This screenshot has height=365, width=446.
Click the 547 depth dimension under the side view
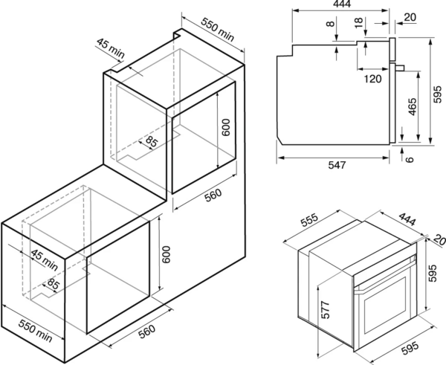coord(337,165)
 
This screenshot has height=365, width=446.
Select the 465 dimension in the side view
coord(412,107)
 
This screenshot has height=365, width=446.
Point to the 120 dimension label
coord(372,79)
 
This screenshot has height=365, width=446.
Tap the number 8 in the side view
coord(330,23)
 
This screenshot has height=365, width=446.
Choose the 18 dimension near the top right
coord(359,22)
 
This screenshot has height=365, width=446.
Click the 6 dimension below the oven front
coord(410,159)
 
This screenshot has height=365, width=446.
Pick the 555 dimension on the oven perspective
coord(309,220)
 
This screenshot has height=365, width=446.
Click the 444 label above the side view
coord(342,4)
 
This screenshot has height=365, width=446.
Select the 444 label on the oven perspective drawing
coord(407,219)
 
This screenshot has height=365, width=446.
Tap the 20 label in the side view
coord(410,17)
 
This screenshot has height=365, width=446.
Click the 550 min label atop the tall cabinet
coord(218,29)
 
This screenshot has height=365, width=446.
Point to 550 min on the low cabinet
coord(35,331)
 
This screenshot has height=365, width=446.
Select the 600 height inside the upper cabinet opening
coord(225,127)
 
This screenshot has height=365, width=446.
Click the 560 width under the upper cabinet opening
coord(213,196)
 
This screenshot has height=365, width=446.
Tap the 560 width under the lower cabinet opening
coord(146,332)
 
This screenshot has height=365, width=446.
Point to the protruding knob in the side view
coord(400,68)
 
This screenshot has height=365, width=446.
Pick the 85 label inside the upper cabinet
coord(151,141)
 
